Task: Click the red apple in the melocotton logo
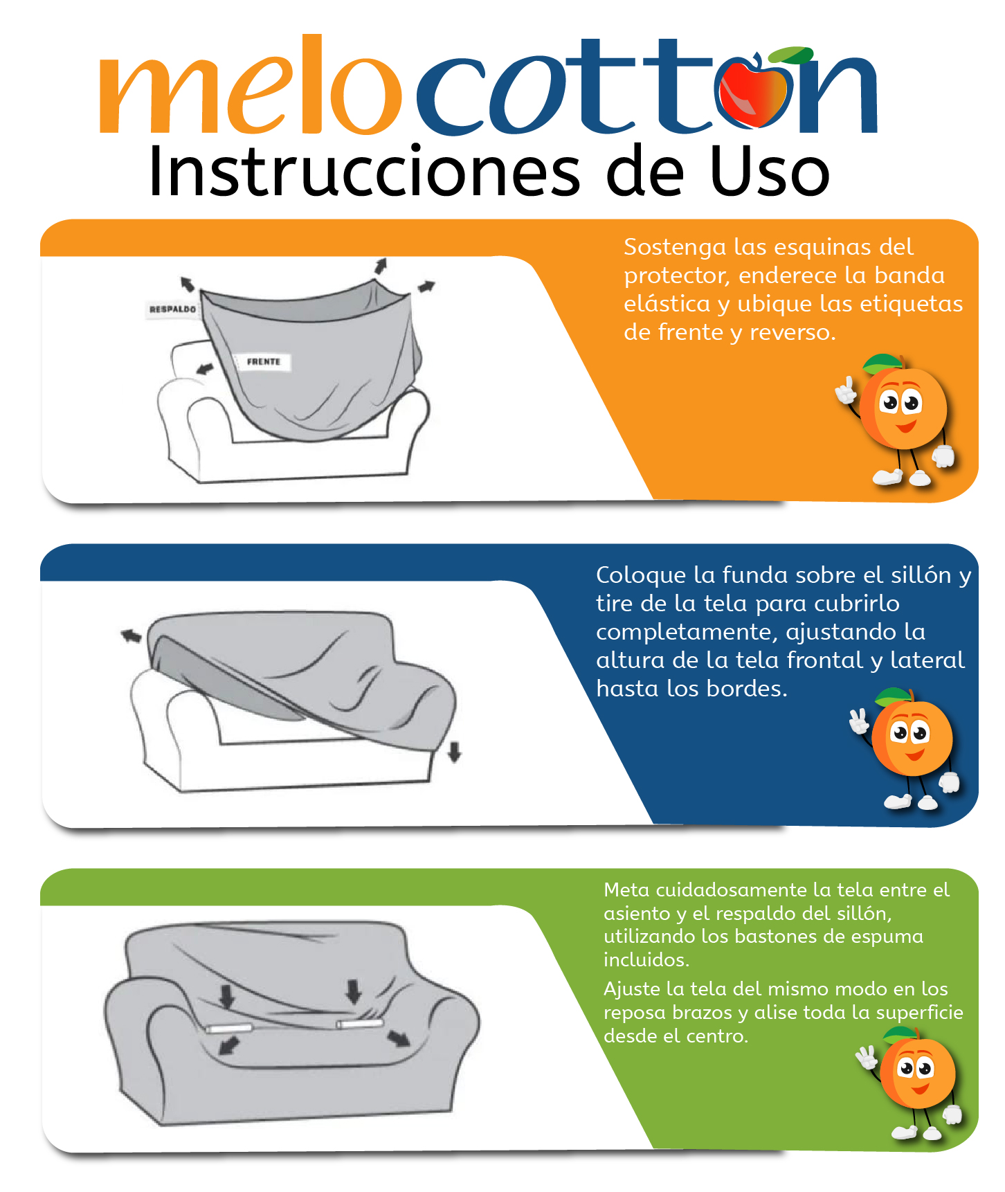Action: [x=752, y=94]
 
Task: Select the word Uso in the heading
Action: [x=770, y=172]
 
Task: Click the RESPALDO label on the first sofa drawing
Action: [x=172, y=309]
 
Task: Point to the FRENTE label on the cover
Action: [x=264, y=361]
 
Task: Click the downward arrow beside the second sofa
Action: [x=454, y=752]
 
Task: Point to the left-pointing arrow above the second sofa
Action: [x=131, y=635]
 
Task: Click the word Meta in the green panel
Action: [x=626, y=890]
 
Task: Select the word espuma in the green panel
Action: [x=891, y=937]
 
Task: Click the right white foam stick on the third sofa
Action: [x=359, y=1023]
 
